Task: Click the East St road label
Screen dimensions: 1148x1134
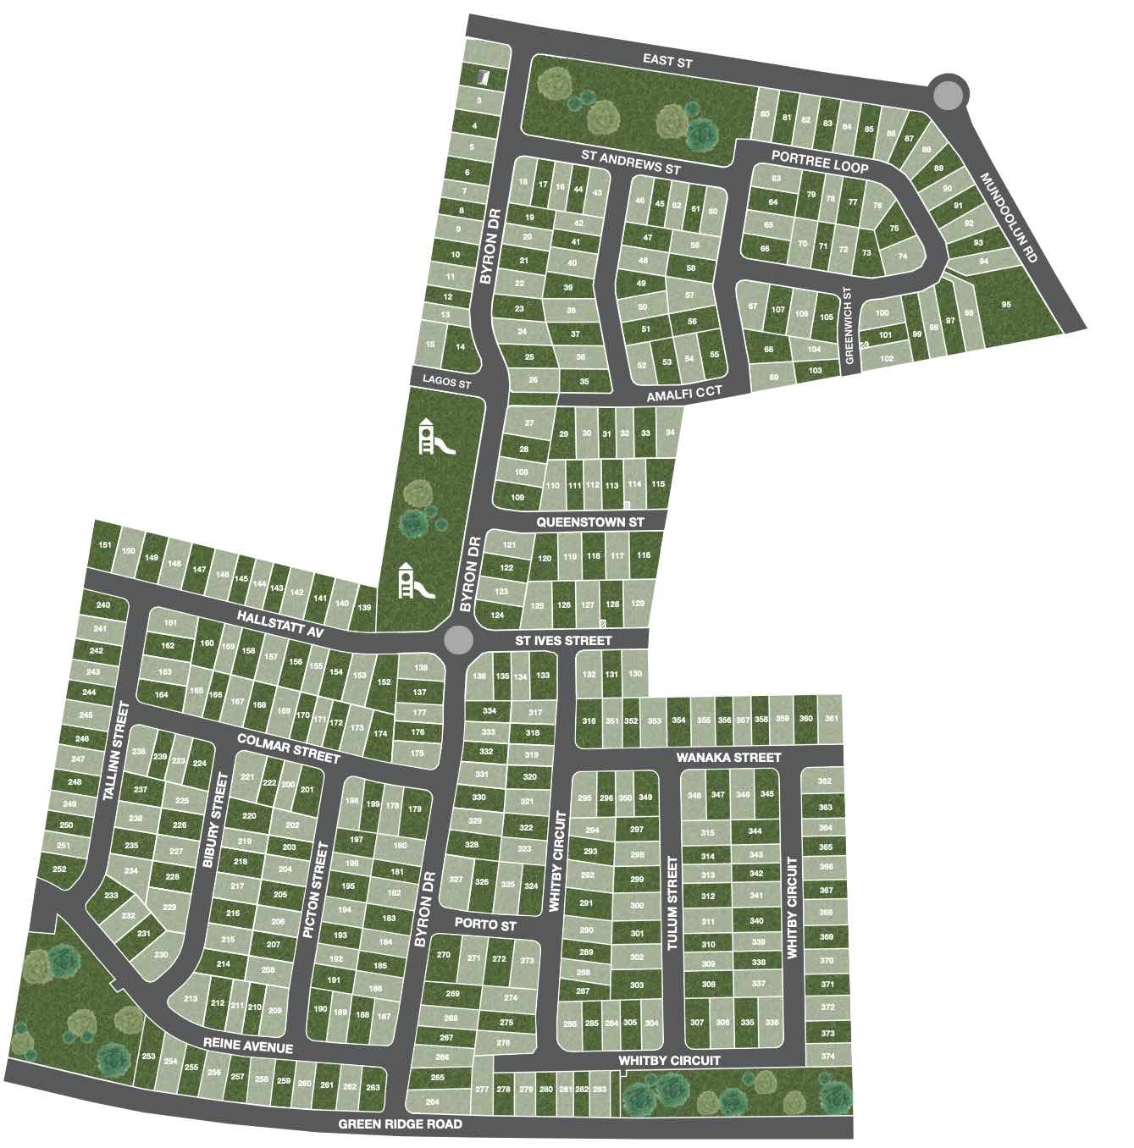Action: (x=667, y=60)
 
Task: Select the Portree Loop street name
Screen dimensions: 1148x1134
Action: (x=819, y=162)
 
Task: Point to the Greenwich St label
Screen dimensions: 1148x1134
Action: (x=849, y=326)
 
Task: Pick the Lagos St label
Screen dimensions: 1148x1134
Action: (x=447, y=383)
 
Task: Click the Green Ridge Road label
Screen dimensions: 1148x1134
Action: (x=401, y=1123)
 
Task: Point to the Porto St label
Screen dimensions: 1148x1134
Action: (x=484, y=925)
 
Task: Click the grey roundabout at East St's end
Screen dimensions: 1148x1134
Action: (x=945, y=93)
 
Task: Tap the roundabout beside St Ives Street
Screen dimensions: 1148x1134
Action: (x=459, y=640)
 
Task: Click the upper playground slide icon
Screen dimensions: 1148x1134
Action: (x=436, y=439)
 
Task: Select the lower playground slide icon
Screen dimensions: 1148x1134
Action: (x=415, y=581)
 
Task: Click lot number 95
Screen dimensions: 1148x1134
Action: (x=1005, y=305)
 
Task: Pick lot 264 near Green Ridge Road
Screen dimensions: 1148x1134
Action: (x=432, y=1101)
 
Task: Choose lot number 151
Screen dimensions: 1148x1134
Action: (x=104, y=544)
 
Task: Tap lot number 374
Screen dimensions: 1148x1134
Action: (x=827, y=1057)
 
